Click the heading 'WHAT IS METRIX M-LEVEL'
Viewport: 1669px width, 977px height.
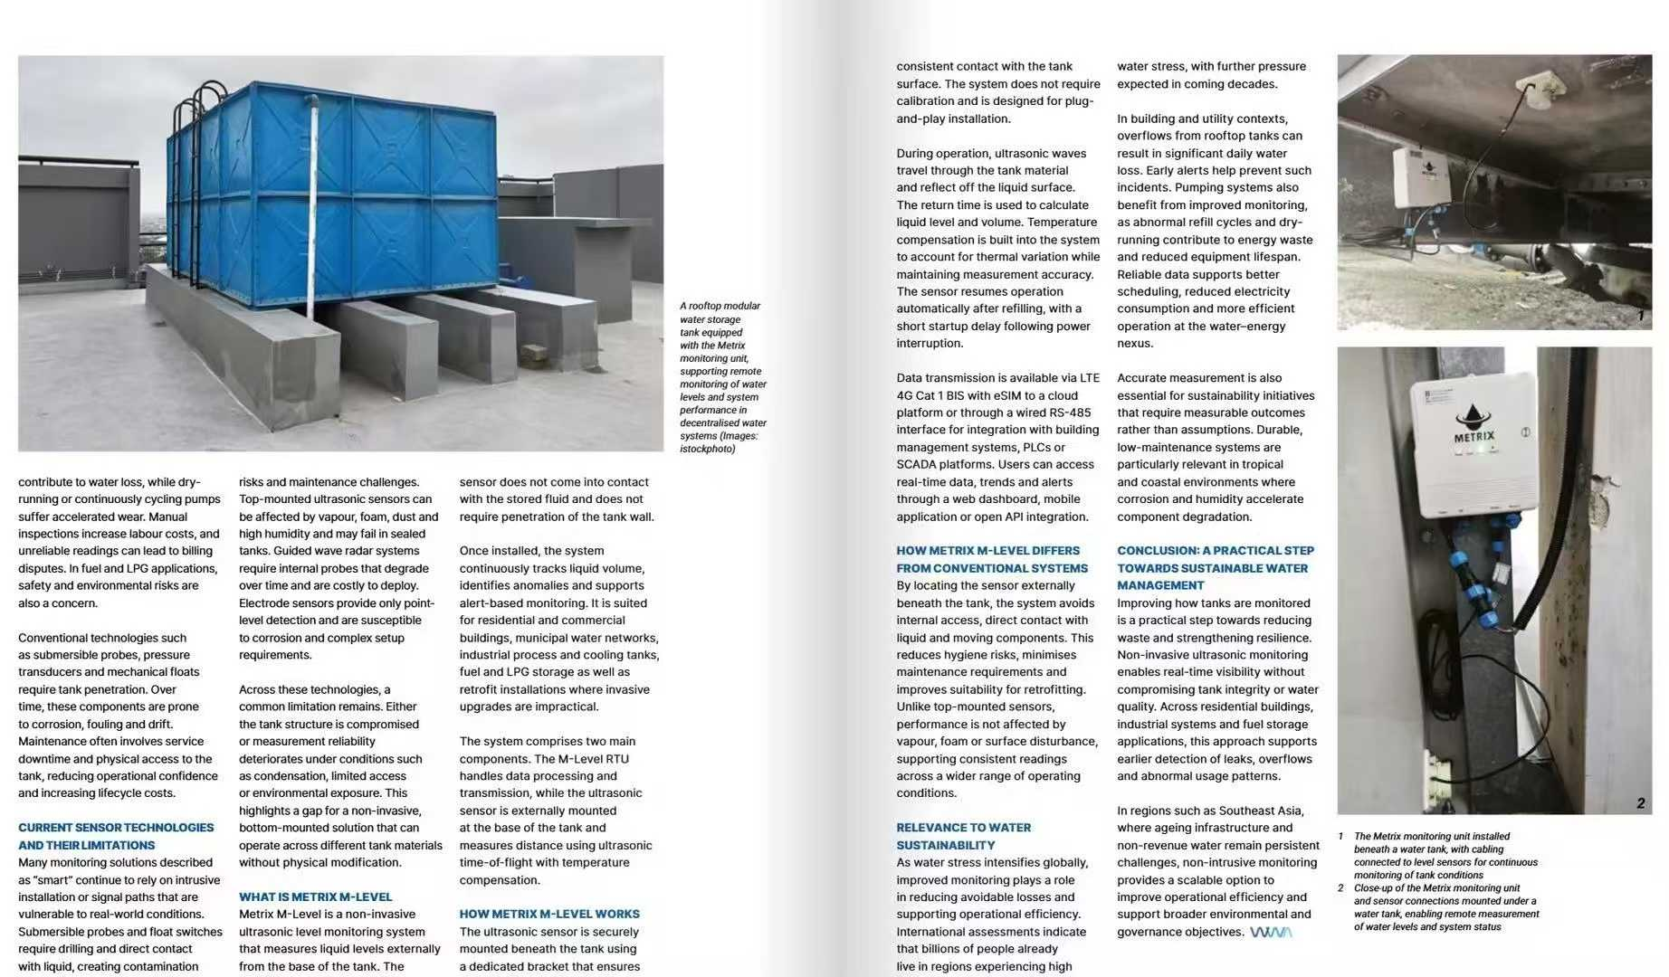tap(315, 896)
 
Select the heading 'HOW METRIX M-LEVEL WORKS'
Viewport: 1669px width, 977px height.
tap(548, 914)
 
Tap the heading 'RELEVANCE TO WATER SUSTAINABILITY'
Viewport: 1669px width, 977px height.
tap(963, 836)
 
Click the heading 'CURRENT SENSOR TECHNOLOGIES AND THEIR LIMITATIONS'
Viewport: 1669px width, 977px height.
tap(116, 836)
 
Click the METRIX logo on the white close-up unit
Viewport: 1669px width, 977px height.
tap(1473, 425)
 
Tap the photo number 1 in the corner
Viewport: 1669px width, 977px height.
tap(1641, 316)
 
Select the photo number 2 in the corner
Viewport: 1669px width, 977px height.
tap(1640, 802)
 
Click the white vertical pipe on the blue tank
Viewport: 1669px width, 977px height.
tap(311, 208)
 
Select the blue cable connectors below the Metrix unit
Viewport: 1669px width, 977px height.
tap(1475, 579)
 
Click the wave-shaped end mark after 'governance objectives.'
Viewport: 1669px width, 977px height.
tap(1270, 932)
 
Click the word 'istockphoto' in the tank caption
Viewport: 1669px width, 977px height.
tap(708, 449)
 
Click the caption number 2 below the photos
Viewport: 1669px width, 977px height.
tap(1340, 887)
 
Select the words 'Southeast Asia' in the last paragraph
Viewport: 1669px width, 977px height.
tap(1259, 811)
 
